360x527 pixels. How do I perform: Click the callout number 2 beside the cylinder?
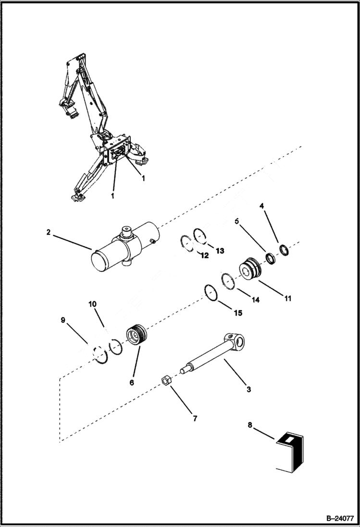pyautogui.click(x=49, y=232)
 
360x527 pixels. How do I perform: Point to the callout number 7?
pyautogui.click(x=195, y=418)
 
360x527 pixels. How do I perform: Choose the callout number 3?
pyautogui.click(x=248, y=389)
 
